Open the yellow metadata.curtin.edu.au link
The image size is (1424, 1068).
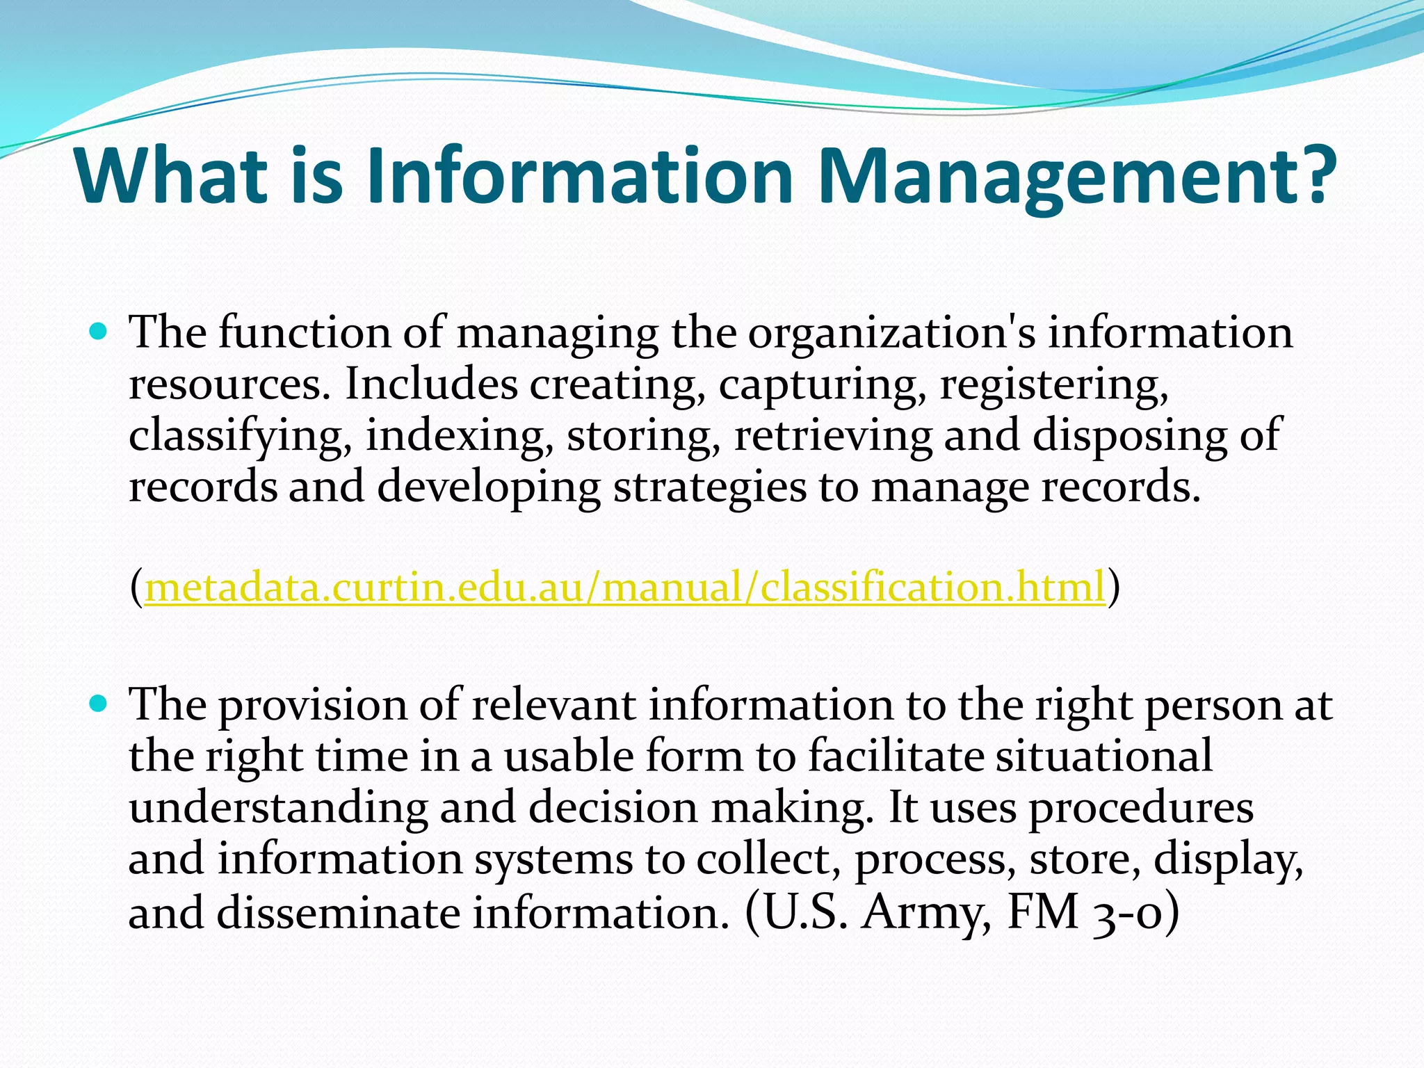624,587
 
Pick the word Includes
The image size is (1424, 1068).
431,384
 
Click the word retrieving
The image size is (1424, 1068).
833,435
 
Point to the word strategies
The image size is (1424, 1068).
710,487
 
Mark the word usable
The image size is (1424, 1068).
569,756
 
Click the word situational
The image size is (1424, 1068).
1104,756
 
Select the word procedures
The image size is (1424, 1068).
1141,808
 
